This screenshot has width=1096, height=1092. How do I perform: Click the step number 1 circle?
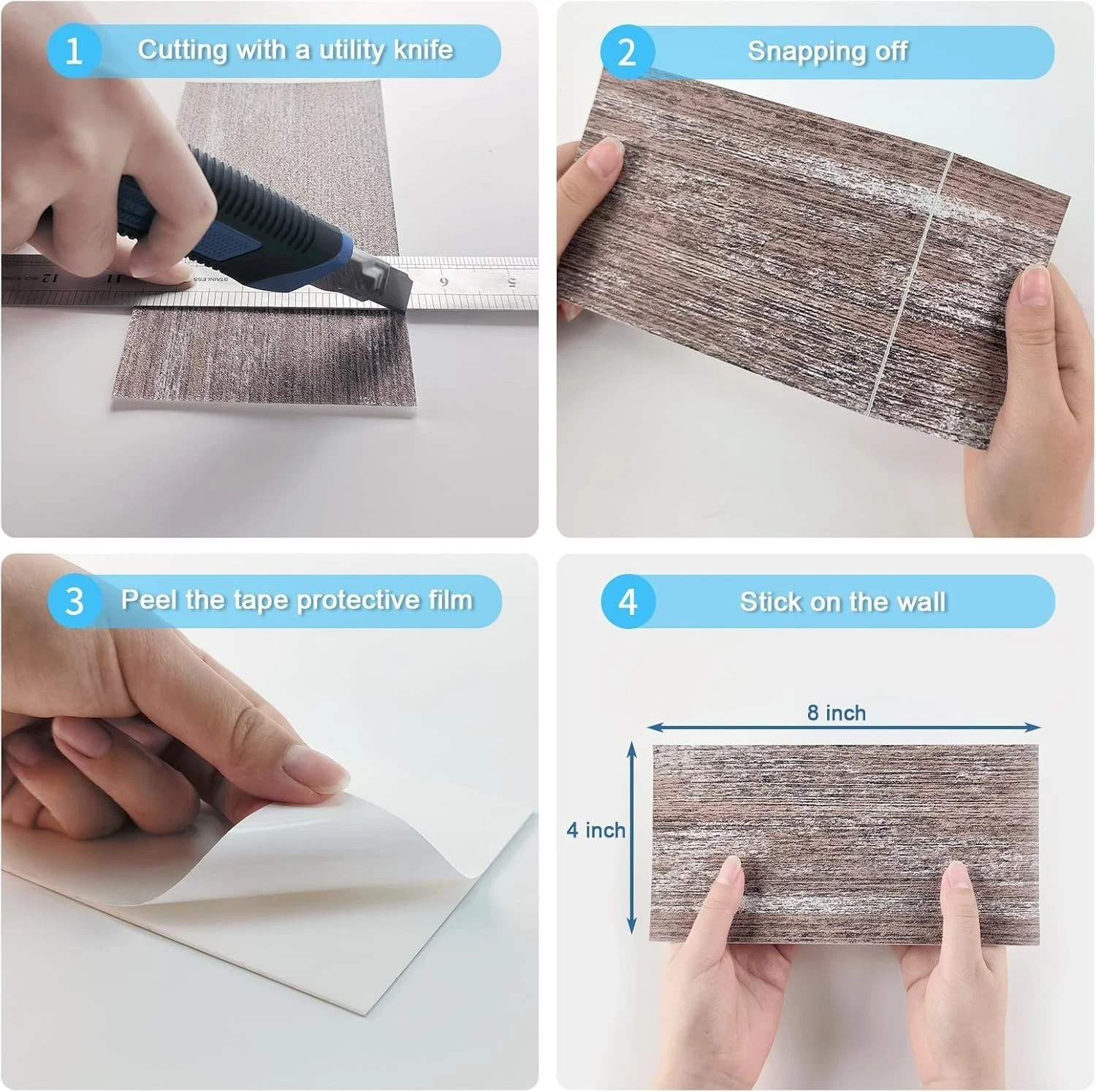[x=74, y=51]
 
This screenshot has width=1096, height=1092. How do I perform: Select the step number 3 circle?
[x=75, y=601]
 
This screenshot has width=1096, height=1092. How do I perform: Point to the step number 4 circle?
[x=628, y=602]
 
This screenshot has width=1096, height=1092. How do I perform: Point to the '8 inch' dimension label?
[x=837, y=712]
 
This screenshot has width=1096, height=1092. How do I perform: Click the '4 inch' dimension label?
[x=596, y=830]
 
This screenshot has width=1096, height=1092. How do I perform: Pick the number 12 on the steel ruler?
[x=49, y=278]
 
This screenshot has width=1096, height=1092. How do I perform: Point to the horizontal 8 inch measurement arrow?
[x=844, y=727]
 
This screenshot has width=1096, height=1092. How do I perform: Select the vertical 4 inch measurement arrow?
[x=633, y=839]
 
